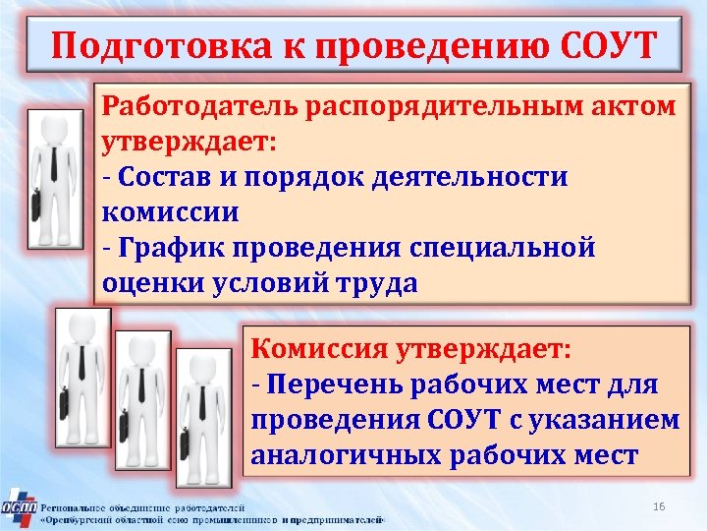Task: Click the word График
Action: [167, 249]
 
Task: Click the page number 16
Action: [659, 505]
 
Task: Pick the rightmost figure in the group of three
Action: [201, 413]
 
